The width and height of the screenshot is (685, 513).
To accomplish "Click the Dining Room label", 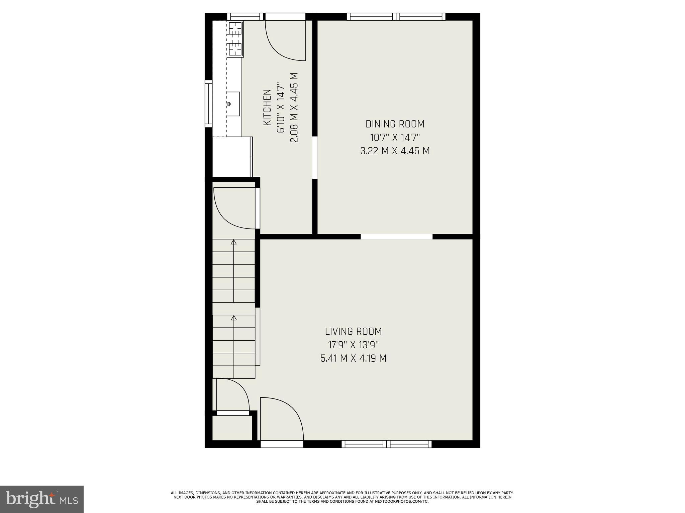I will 395,124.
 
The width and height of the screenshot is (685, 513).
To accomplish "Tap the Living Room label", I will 353,332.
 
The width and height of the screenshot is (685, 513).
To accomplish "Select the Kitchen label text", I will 267,107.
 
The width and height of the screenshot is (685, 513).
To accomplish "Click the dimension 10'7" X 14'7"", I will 395,138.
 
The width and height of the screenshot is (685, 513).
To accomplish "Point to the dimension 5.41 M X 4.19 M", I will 353,358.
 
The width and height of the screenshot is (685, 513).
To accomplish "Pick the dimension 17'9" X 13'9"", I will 353,345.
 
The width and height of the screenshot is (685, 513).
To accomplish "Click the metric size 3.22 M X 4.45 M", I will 395,151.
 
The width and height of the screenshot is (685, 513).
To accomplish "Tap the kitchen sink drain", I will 229,104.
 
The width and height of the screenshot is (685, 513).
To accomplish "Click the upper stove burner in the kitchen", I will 235,28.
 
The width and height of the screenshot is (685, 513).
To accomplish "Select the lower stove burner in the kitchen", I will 235,49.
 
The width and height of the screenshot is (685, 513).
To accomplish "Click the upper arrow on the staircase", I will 233,242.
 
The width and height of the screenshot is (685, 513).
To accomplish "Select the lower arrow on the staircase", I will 233,318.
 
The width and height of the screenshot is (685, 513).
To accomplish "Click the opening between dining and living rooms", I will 396,237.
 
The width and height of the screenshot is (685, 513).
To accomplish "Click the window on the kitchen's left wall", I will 209,104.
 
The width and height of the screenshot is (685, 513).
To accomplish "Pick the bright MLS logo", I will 42,499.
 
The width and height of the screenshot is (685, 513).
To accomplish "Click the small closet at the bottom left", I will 232,428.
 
